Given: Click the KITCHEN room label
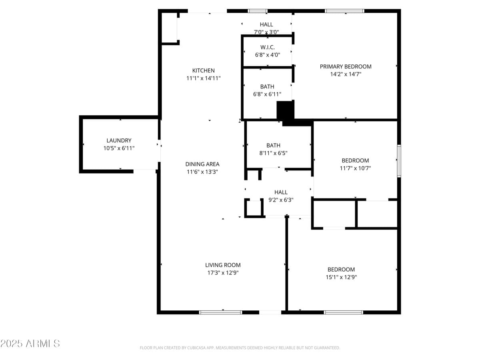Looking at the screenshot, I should [203, 71].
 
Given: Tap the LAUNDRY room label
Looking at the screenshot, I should [119, 141].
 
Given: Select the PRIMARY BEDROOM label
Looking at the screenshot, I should [346, 67].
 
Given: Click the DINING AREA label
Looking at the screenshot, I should [202, 164].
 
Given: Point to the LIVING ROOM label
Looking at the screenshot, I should [223, 265].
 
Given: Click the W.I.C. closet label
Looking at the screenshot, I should [267, 47].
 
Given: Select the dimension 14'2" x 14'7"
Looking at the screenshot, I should [346, 74].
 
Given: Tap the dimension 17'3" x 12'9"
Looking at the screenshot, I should [223, 273].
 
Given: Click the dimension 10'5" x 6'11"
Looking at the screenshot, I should [119, 148].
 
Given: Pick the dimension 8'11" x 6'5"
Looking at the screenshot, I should [273, 153].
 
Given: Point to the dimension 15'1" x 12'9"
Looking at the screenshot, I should [341, 277].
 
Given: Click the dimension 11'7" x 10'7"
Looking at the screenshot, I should [355, 168].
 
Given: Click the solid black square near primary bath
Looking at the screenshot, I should [285, 110].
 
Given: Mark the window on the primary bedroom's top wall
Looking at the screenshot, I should [344, 11].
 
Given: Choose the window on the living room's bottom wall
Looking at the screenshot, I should [220, 312].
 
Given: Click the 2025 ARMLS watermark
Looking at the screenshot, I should [30, 343].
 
